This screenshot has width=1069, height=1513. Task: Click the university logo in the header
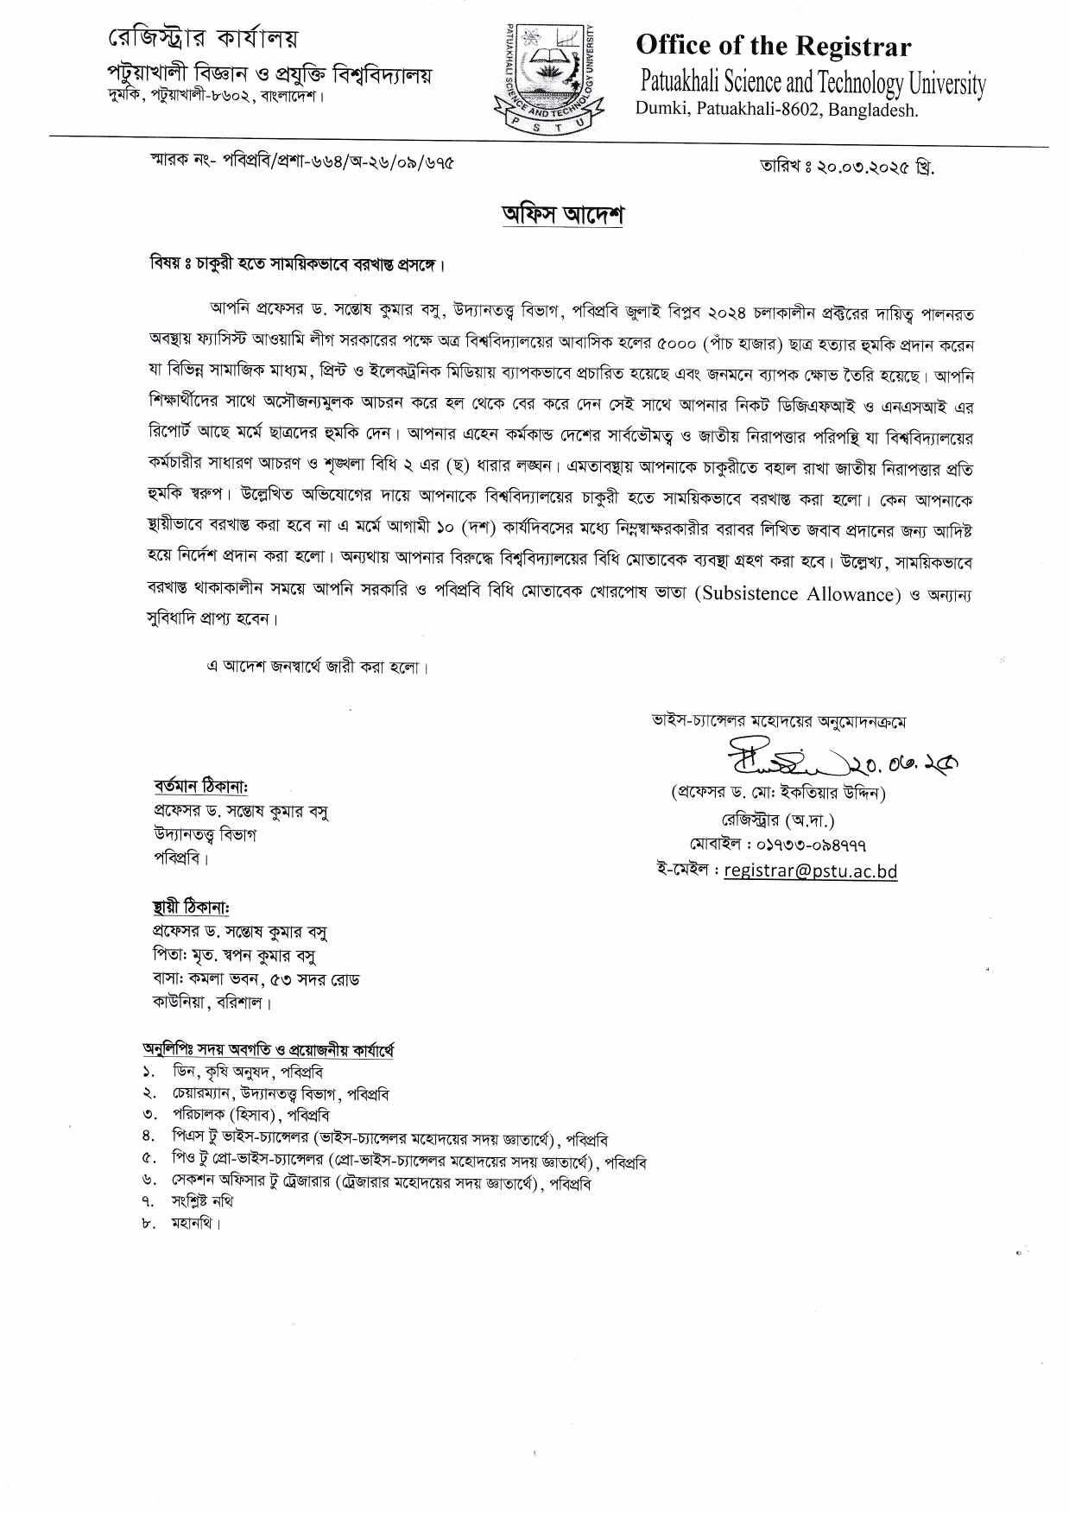[548, 76]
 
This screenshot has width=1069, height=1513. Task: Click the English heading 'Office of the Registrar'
[773, 46]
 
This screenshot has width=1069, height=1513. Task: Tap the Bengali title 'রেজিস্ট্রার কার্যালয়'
[202, 39]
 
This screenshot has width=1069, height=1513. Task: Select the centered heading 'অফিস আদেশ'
[562, 214]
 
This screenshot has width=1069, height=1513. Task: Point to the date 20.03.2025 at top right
[846, 166]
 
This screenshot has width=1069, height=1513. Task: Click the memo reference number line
[301, 161]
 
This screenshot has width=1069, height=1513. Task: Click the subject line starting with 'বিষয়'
[297, 264]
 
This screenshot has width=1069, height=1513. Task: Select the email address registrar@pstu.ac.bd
[810, 870]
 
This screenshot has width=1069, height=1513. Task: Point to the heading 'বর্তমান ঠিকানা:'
[201, 787]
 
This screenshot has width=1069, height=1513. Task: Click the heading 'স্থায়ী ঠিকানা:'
[191, 908]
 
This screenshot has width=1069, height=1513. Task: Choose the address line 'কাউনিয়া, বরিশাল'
[212, 1003]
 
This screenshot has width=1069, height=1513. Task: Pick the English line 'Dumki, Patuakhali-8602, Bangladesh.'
[777, 110]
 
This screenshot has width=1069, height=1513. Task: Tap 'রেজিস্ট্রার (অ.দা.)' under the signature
[778, 820]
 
